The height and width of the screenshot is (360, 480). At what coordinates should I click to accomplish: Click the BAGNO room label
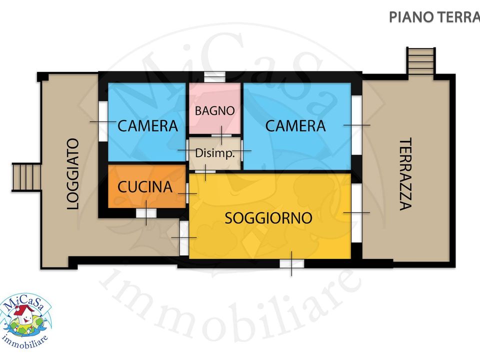[x=214, y=110]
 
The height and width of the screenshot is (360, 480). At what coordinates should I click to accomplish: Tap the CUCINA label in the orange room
[x=145, y=187]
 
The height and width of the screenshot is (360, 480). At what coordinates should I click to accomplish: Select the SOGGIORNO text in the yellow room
[x=268, y=218]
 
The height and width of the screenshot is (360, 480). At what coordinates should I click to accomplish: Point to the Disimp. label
[x=215, y=153]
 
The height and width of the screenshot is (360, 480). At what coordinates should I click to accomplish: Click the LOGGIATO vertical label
[x=73, y=174]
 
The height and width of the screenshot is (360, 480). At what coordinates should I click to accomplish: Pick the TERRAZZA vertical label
[x=405, y=174]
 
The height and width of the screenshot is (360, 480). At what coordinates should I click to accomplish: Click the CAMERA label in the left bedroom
[x=147, y=126]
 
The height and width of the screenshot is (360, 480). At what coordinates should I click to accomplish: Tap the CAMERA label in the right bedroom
[x=295, y=126]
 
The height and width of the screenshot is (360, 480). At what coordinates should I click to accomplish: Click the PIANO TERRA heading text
[x=434, y=17]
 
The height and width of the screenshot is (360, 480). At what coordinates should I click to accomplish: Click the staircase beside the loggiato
[x=26, y=177]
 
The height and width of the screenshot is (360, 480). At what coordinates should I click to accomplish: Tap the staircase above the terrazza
[x=421, y=60]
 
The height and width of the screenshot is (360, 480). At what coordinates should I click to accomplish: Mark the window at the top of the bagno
[x=214, y=76]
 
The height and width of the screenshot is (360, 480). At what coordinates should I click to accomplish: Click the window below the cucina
[x=146, y=213]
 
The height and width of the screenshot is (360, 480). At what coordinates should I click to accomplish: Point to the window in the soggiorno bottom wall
[x=291, y=264]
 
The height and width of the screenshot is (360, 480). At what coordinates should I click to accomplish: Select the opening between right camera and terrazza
[x=356, y=125]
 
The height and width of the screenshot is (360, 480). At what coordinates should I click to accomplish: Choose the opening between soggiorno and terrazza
[x=356, y=213]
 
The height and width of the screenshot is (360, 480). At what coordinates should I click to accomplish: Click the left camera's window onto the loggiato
[x=103, y=121]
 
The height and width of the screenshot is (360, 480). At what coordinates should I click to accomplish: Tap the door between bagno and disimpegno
[x=221, y=135]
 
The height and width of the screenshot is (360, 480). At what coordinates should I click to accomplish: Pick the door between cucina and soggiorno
[x=187, y=193]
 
